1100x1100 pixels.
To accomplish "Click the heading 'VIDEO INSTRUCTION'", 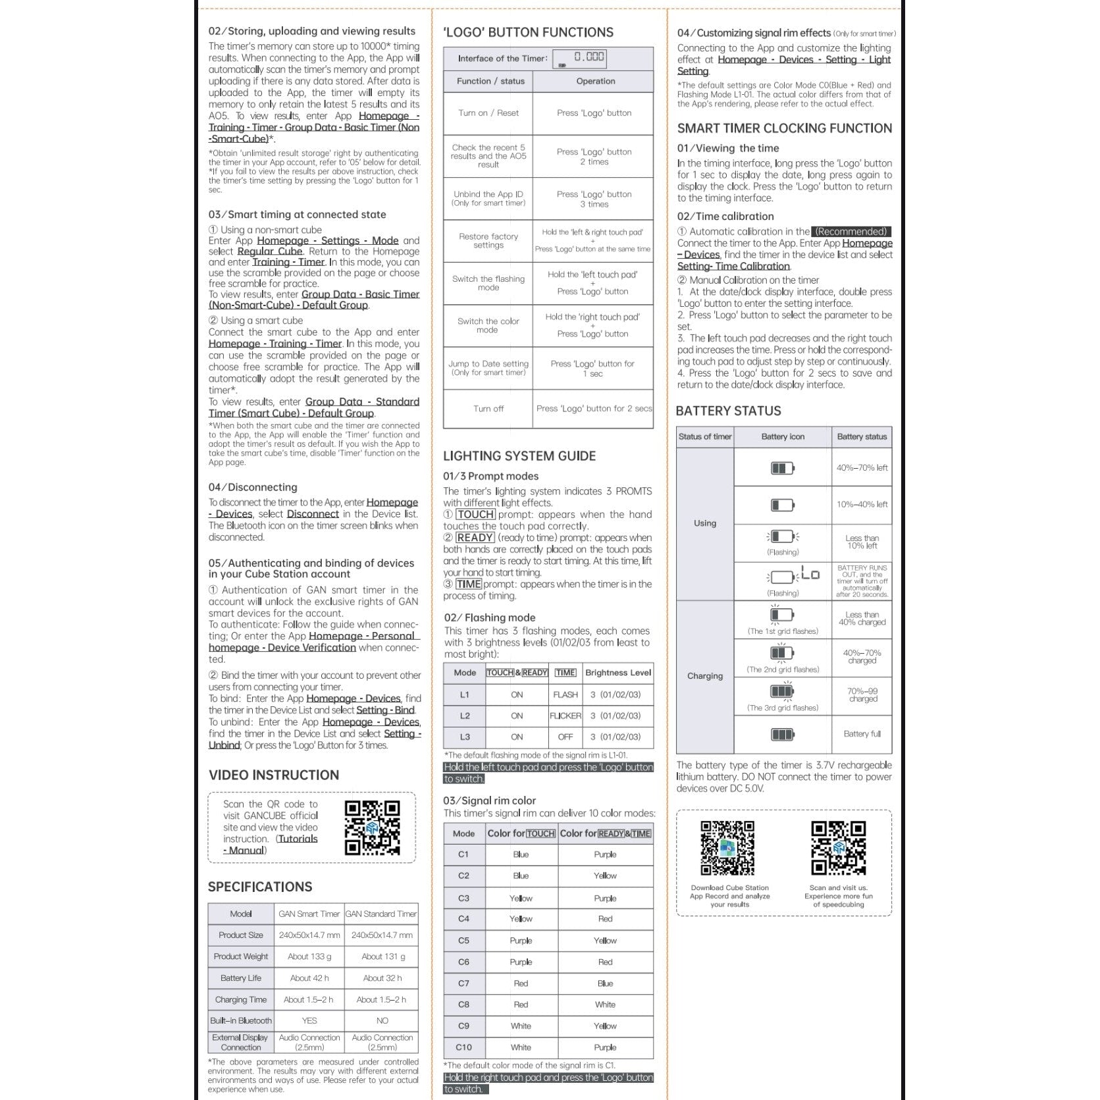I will [274, 775].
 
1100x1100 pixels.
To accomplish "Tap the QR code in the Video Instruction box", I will [372, 827].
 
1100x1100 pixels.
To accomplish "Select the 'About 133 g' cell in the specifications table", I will [309, 956].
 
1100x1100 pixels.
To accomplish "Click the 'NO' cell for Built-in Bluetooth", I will [382, 1020].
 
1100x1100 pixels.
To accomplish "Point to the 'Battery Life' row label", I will [241, 978].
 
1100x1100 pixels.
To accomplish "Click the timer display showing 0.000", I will [579, 58].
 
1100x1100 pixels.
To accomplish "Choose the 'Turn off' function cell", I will [488, 409].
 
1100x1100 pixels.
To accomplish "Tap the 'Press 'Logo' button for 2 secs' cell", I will [594, 409].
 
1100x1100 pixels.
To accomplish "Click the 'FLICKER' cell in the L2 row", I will [565, 716].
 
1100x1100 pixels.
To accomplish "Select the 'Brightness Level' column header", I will [618, 673].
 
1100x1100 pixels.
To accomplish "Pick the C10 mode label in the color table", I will [464, 1047].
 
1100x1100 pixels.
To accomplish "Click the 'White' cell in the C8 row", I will [605, 1005].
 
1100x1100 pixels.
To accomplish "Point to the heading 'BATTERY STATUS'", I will [728, 411].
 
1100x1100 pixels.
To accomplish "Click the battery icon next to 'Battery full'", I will [782, 734].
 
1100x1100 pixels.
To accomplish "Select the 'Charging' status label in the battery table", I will [705, 676].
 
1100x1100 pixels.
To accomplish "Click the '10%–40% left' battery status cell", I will [862, 505].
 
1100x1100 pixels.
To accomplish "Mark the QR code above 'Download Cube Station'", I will [727, 848].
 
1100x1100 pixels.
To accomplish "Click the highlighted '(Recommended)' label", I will [851, 232].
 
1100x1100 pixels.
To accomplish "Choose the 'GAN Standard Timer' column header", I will [381, 914].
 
